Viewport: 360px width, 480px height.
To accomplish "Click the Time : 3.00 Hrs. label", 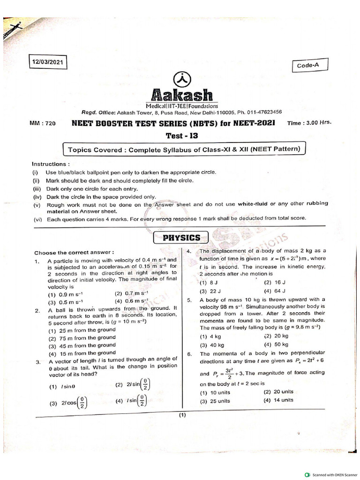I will coord(308,122).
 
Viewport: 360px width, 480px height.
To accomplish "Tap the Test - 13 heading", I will coord(182,136).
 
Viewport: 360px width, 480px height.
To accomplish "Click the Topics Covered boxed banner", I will coord(184,150).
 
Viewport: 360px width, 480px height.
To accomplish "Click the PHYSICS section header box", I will coord(181,238).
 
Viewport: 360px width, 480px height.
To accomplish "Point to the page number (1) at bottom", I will coord(182,415).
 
